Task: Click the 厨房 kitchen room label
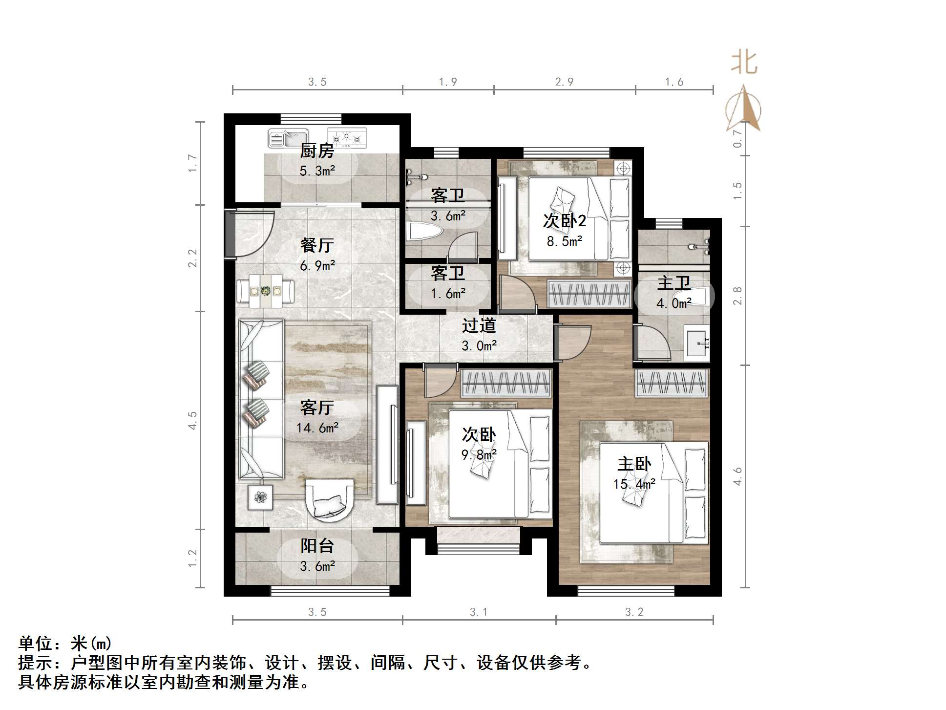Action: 316,151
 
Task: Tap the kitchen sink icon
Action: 287,138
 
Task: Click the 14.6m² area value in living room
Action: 317,428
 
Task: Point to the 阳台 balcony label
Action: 317,546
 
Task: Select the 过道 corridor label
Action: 479,325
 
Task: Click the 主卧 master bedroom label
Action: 634,464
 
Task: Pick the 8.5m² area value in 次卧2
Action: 564,241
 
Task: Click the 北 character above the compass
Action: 744,63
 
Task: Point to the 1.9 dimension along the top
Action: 447,82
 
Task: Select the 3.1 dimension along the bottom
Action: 478,612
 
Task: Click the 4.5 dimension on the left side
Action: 192,420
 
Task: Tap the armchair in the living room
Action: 329,498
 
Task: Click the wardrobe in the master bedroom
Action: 672,383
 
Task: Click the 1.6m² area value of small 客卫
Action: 447,294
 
